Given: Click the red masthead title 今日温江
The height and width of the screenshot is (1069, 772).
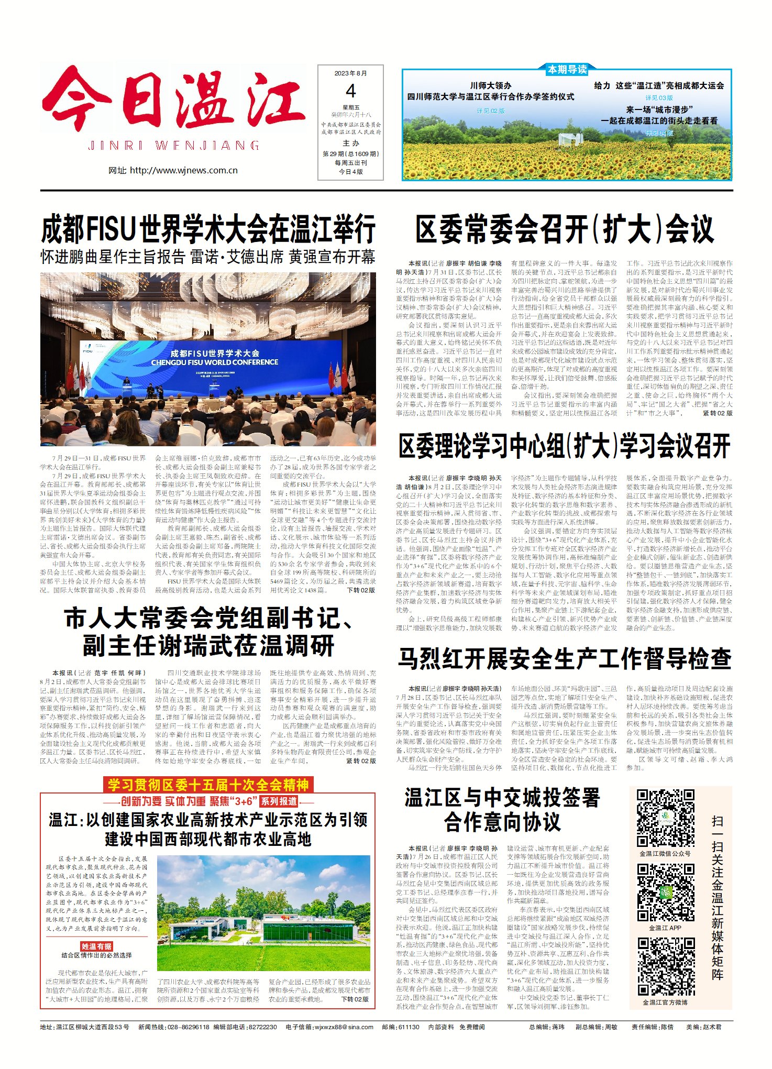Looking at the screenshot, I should coord(173,102).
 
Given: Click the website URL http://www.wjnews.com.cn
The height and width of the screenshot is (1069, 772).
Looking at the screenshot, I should coord(173,170).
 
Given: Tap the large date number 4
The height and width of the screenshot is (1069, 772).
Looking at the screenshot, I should coord(350,91).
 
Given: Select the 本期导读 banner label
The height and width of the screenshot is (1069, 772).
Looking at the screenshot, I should coord(567,69).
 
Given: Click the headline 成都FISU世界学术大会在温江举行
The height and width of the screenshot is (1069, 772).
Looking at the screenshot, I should coord(208,229).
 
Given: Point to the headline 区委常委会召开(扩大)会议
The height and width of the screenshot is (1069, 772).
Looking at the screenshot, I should coord(565,229).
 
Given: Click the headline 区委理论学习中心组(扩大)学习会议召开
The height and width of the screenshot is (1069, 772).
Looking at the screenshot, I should coord(564,446).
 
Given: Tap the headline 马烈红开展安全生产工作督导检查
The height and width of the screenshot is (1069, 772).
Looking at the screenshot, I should coord(564,658).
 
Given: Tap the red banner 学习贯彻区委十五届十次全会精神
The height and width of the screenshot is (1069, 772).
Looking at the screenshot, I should coord(208,785).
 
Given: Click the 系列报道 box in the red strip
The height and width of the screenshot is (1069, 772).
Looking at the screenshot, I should coord(279,801).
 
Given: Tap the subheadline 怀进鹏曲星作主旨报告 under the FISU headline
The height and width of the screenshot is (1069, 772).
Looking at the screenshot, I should coord(113,257).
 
